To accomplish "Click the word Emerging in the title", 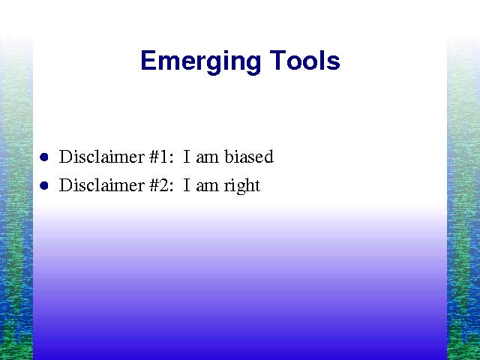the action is (x=200, y=62).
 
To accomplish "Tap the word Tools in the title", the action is (x=305, y=60).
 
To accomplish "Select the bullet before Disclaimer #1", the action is (x=44, y=157).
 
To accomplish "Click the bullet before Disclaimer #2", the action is (x=44, y=185).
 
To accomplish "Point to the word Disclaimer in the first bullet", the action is (x=102, y=157).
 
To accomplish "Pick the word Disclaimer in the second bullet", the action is (x=102, y=185).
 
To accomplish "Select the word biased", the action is (x=248, y=157).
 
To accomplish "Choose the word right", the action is (x=241, y=185).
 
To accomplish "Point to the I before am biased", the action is (x=187, y=157).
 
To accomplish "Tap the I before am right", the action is (x=187, y=185).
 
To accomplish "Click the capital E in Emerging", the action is (x=148, y=60).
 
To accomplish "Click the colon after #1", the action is (x=172, y=158).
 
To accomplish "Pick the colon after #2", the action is (x=172, y=187).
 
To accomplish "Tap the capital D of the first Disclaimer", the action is (x=65, y=157).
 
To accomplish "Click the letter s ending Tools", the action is (x=334, y=63).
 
